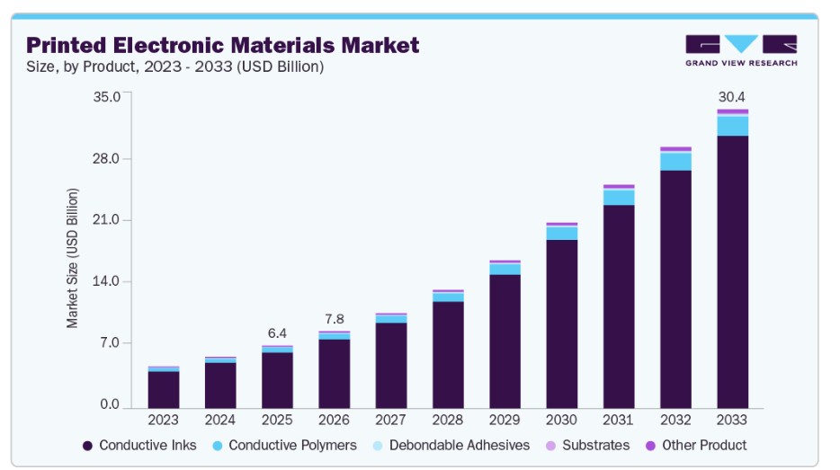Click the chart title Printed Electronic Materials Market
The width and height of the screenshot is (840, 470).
pos(222,44)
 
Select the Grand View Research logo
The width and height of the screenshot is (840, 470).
pos(740,50)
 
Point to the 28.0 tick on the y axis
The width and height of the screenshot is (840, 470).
pos(107,159)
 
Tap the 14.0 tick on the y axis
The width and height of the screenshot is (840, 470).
pos(107,282)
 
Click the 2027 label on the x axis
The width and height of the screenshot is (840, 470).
pos(390,420)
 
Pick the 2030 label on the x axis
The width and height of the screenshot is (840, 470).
pos(561,420)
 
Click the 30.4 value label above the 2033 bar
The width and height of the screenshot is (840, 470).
pos(731,96)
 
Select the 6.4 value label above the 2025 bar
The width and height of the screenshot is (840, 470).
pos(277,333)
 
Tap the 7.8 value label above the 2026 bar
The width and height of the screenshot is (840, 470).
pos(334,319)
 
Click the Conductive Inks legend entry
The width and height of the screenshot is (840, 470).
pos(139,445)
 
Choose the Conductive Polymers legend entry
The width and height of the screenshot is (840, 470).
pos(283,445)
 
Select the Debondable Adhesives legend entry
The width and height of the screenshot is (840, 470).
pos(450,445)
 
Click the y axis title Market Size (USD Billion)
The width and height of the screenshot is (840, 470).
pos(73,258)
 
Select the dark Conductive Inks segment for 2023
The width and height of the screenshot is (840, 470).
pos(164,388)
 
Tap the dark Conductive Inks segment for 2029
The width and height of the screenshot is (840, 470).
pos(505,340)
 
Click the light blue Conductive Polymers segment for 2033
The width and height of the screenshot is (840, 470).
pos(732,126)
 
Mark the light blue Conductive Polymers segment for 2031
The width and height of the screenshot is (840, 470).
pos(619,197)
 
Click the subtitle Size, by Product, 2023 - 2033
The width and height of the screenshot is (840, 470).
pos(174,67)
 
